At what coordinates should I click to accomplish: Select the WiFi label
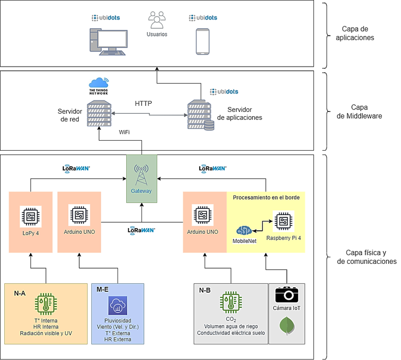pyautogui.click(x=125, y=131)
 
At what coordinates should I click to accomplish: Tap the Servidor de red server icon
pyautogui.click(x=99, y=113)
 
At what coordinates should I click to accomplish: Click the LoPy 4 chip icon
pyautogui.click(x=31, y=216)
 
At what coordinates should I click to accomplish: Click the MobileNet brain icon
pyautogui.click(x=244, y=230)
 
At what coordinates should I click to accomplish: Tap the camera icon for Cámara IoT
pyautogui.click(x=287, y=295)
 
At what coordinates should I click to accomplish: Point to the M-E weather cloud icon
pyautogui.click(x=117, y=305)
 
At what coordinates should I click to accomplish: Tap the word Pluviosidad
pyautogui.click(x=117, y=320)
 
